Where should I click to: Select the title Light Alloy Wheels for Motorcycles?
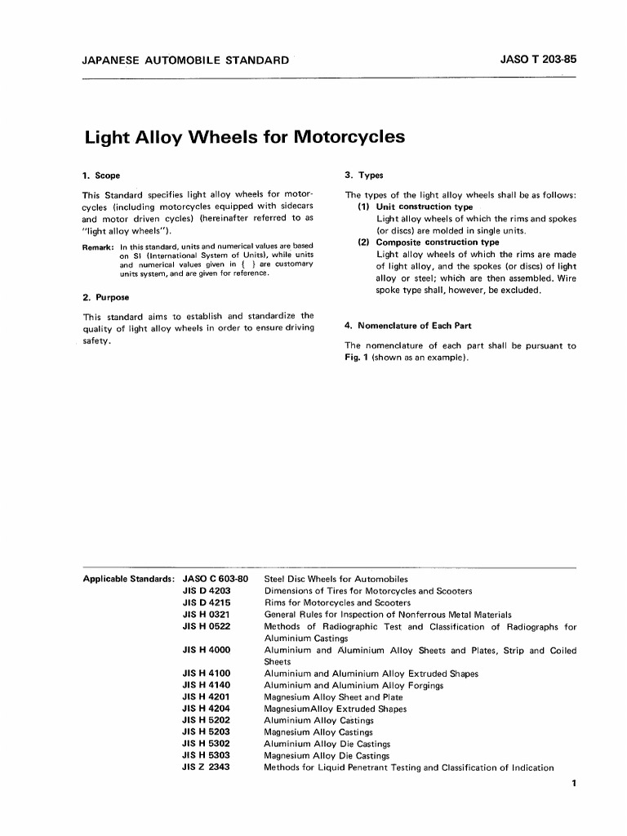[245, 136]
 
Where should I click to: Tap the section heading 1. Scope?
[102, 176]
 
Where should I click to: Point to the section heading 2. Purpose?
[106, 297]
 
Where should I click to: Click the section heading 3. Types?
[364, 176]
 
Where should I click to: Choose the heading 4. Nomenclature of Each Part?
[408, 326]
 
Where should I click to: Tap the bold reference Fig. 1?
[357, 357]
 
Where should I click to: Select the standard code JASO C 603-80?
[215, 580]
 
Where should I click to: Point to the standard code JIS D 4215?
[206, 603]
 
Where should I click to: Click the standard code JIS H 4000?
[206, 651]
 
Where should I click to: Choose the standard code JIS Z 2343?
[206, 768]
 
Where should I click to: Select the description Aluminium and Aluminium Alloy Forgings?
[354, 686]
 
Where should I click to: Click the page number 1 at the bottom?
[575, 785]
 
